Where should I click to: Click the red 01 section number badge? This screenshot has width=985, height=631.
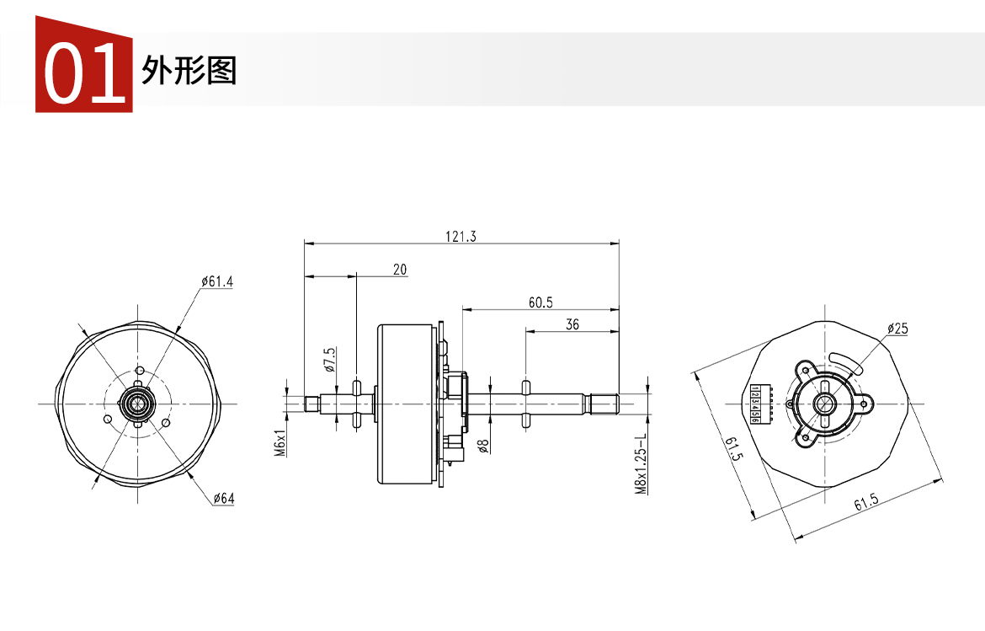83,65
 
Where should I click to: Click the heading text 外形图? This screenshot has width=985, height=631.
189,71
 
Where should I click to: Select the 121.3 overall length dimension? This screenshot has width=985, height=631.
461,237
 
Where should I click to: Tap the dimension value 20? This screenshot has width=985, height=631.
400,270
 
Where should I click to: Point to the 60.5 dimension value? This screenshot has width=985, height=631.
540,302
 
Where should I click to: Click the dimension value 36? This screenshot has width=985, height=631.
572,324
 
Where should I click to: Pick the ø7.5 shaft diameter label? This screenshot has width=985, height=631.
330,360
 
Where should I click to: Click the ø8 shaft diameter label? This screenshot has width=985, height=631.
482,446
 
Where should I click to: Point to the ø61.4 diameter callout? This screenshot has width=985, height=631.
216,281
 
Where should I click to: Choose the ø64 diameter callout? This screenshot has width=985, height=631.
224,499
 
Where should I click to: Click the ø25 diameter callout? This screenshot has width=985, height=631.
897,329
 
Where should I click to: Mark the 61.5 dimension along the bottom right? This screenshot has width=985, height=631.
865,503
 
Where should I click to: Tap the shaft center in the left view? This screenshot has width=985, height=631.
137,404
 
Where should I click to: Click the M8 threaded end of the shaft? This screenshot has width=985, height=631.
604,404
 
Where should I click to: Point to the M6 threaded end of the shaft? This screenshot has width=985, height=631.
312,404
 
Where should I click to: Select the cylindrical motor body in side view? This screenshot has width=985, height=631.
407,404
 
